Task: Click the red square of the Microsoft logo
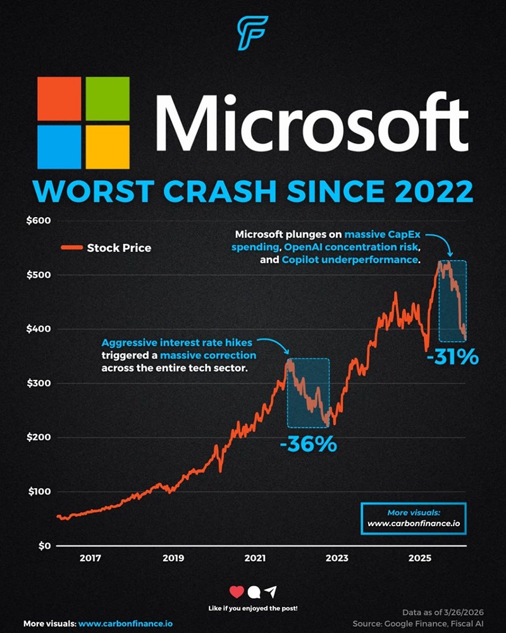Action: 59,99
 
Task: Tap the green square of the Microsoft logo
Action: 108,99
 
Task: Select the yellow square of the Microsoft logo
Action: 108,147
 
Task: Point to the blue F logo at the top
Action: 253,33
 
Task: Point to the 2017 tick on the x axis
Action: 91,558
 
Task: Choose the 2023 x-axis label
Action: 337,558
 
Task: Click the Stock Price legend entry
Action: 119,248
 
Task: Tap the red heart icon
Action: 237,592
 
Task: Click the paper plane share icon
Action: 271,592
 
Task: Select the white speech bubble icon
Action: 254,592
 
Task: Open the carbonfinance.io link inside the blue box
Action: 414,524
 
